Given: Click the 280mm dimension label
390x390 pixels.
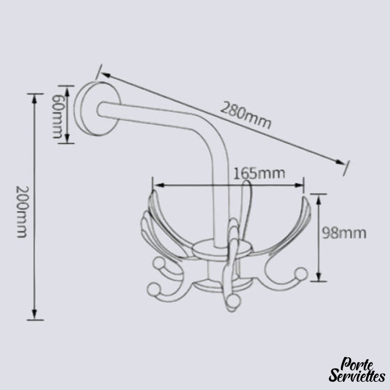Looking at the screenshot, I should (245, 115).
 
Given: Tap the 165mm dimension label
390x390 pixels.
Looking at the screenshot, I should (259, 173).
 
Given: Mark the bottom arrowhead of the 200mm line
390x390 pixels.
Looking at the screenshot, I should (35, 314).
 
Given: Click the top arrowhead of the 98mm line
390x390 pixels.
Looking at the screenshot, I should (319, 199).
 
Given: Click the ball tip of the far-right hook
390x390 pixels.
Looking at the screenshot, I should (301, 273).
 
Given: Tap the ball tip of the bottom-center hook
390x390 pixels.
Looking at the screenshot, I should (234, 301).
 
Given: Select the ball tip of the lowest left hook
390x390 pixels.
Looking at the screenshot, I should (153, 289).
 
